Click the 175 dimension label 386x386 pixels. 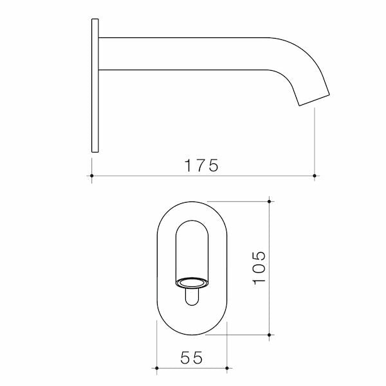click(202, 165)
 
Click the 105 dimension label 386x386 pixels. click(259, 268)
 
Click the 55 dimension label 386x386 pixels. click(192, 358)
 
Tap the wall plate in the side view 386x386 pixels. click(95, 86)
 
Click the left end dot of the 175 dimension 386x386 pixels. click(92, 175)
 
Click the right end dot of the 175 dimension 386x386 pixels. click(314, 175)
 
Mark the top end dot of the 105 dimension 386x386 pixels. click(270, 201)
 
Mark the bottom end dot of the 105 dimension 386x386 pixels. click(270, 335)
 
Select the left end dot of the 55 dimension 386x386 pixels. click(157, 369)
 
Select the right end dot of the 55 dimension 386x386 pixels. click(228, 369)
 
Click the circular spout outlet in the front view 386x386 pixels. click(192, 282)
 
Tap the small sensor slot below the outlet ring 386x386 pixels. click(192, 297)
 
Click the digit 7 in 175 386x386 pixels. click(201, 165)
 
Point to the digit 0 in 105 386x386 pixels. click(259, 268)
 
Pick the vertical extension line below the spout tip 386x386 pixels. click(314, 142)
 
